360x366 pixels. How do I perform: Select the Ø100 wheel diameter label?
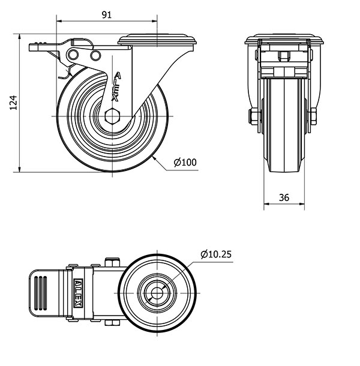(185, 162)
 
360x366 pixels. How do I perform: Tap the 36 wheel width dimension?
(284, 197)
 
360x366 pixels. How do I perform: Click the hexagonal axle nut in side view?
(113, 115)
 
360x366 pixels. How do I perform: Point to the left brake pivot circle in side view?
(74, 56)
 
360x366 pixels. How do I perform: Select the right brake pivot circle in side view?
(95, 56)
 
